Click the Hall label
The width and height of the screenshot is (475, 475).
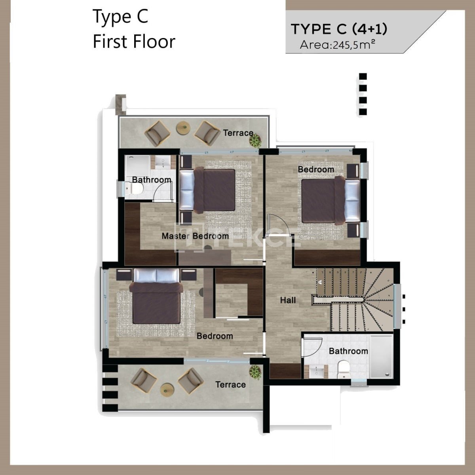pos(288,300)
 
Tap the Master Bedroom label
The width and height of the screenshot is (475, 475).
pos(195,236)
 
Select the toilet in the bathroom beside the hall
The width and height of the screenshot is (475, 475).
pos(343,369)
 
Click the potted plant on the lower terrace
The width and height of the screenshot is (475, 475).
pos(255,372)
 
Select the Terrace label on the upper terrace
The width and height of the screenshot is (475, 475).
pos(238,133)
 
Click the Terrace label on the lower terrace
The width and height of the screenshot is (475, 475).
pos(230,384)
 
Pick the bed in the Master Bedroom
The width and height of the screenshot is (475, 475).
pos(207,190)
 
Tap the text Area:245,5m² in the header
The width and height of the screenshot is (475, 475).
pos(338,45)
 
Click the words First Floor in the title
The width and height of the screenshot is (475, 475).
pos(134,42)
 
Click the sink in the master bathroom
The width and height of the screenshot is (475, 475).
pos(163,162)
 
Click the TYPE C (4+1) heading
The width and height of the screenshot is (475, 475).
pos(339,29)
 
